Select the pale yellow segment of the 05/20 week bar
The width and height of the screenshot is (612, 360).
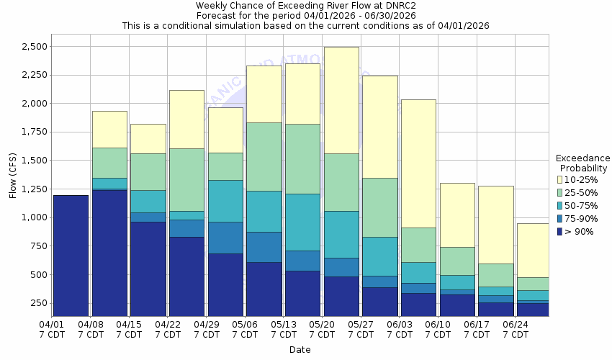point(341,100)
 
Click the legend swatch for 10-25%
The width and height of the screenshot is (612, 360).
point(559,179)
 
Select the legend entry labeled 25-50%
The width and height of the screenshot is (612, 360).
point(580,192)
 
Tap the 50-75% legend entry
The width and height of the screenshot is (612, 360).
point(580,205)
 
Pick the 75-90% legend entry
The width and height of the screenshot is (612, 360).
point(580,218)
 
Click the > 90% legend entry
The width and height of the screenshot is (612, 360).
point(579,231)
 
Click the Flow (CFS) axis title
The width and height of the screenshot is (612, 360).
point(12,175)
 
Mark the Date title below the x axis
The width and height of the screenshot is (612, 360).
point(300,350)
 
